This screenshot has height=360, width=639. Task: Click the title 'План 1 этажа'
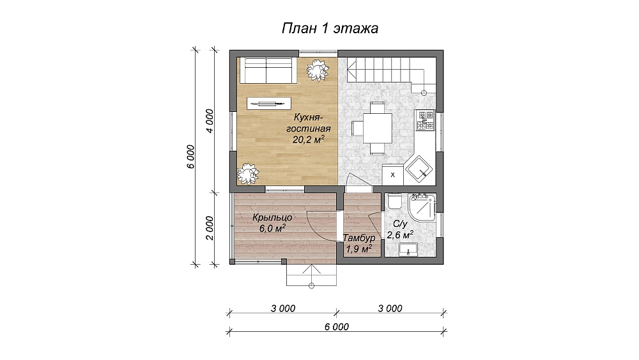[330, 28]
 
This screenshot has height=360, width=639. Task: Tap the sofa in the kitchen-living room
[268, 70]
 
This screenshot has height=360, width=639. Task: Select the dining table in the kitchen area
[377, 128]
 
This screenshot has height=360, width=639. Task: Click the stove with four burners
[426, 121]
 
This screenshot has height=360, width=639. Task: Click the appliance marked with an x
[393, 175]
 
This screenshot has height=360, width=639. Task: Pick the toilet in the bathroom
[394, 202]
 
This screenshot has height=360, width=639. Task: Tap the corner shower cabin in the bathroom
[422, 207]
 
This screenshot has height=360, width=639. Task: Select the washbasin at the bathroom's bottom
[408, 249]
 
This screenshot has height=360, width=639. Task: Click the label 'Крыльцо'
[272, 217]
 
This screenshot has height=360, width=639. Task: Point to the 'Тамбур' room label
[358, 238]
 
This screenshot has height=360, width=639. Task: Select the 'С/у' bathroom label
[400, 224]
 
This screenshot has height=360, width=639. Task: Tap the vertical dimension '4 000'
[210, 121]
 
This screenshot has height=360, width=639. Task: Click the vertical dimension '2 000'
[210, 228]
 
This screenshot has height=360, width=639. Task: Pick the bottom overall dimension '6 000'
[337, 327]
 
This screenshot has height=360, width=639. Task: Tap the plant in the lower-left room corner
[248, 174]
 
